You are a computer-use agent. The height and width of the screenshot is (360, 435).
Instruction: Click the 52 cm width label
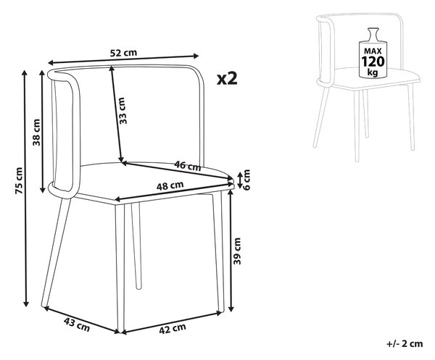coord(123,53)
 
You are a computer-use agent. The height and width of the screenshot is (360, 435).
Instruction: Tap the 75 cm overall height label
coord(19,180)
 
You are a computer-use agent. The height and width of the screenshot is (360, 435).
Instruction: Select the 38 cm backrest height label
coord(36,133)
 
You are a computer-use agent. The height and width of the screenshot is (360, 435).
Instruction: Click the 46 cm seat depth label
coord(188,166)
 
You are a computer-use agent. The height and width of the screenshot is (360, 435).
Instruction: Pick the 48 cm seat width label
coord(170,185)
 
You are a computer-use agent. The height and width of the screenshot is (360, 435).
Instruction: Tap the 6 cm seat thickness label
coord(246,180)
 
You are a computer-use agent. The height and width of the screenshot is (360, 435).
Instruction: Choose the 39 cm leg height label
coord(237,251)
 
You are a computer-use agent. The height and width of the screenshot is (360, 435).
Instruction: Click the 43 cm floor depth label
coord(77,325)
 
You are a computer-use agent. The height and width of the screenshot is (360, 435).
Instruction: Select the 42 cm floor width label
coord(173,329)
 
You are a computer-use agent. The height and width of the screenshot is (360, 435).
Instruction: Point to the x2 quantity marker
coord(227,78)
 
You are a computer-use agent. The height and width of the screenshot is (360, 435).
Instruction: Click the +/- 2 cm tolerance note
coord(405,344)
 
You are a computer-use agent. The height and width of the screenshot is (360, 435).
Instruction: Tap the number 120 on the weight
coord(373,62)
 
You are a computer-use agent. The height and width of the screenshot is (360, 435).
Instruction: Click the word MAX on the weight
coord(373,51)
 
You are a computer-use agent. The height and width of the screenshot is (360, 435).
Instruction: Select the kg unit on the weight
coord(373,72)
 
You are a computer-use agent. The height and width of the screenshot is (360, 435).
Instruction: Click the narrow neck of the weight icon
coord(373,35)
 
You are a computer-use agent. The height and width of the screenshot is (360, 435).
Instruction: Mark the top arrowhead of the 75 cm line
coord(25,73)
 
